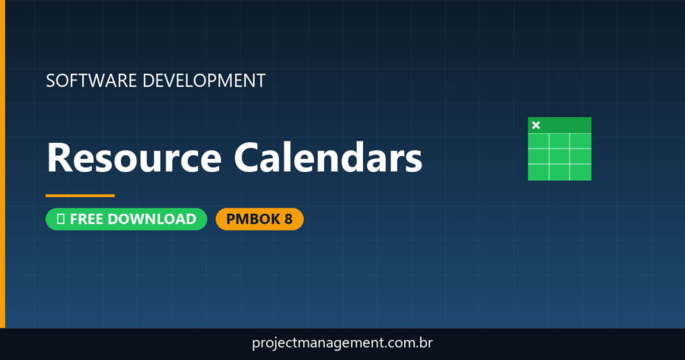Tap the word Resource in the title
click(x=134, y=158)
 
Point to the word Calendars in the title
click(x=327, y=158)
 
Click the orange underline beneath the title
click(x=80, y=196)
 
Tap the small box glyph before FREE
click(x=60, y=219)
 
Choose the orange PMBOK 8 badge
click(x=260, y=219)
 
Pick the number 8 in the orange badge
click(x=288, y=219)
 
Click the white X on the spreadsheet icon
click(x=536, y=125)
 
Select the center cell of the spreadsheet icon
click(x=559, y=156)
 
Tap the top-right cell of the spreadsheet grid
click(x=581, y=142)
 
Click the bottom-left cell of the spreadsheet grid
click(x=538, y=172)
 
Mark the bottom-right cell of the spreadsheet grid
click(x=581, y=172)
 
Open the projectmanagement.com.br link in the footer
click(x=342, y=343)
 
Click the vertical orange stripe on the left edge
click(x=2, y=164)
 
